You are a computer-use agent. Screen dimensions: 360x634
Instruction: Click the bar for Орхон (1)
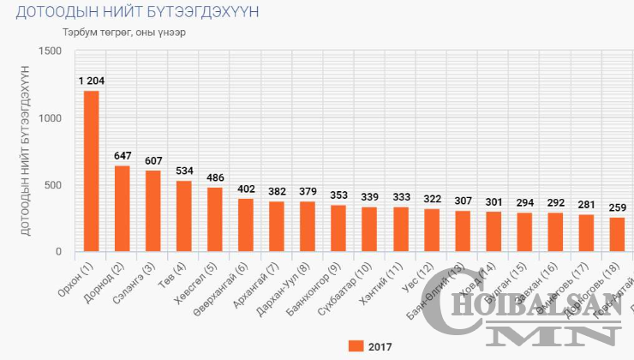point(91,171)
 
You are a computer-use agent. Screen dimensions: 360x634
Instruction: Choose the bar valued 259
point(617,235)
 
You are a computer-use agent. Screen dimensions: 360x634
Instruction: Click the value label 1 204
point(91,81)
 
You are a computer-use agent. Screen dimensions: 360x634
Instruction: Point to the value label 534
point(184,171)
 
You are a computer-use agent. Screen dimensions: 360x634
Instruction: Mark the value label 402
point(246,189)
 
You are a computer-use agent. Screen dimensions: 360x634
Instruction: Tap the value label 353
point(339,195)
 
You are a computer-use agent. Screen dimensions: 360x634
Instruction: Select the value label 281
point(586,205)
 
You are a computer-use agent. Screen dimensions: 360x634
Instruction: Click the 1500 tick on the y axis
point(51,51)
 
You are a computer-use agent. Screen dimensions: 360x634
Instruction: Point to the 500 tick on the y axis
point(54,185)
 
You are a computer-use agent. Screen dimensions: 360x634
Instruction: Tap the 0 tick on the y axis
point(58,252)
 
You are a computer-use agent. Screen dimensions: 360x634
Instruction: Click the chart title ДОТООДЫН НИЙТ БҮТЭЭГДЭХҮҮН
point(137,13)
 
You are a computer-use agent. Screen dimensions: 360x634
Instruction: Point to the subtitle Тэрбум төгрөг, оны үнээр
point(123,33)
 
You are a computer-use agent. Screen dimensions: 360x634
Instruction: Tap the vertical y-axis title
point(25,152)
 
